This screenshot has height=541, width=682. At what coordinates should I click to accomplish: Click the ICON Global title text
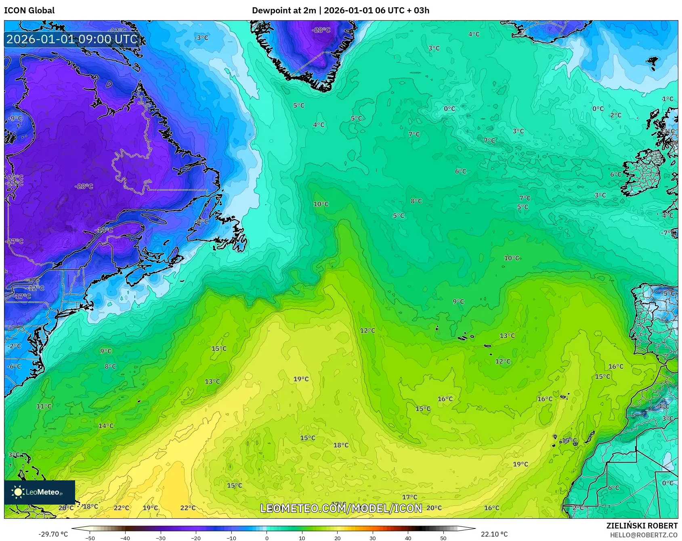pyautogui.click(x=29, y=11)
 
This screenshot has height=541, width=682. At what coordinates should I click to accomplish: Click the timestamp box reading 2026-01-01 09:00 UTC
pyautogui.click(x=72, y=39)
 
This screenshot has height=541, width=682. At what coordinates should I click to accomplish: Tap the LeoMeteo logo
pyautogui.click(x=40, y=492)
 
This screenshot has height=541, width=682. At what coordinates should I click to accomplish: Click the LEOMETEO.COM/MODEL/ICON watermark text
pyautogui.click(x=341, y=508)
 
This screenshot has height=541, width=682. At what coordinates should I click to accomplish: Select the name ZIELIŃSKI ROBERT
pyautogui.click(x=642, y=526)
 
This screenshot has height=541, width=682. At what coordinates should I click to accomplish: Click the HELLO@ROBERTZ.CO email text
pyautogui.click(x=643, y=535)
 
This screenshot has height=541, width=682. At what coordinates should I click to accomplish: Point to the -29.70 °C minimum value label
pyautogui.click(x=53, y=534)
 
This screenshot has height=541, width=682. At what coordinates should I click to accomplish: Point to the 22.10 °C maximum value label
pyautogui.click(x=494, y=534)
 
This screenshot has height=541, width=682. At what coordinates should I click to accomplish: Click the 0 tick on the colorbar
pyautogui.click(x=267, y=538)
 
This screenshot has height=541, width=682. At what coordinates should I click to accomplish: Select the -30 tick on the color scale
pyautogui.click(x=160, y=538)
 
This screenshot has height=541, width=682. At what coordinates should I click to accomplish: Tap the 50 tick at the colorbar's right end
pyautogui.click(x=443, y=538)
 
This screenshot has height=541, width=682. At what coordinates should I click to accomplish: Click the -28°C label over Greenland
pyautogui.click(x=321, y=30)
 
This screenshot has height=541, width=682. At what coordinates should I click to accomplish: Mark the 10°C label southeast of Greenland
pyautogui.click(x=321, y=204)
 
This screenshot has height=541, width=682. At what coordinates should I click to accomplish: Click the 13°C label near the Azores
pyautogui.click(x=507, y=336)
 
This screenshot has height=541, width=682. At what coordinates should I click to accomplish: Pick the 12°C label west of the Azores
pyautogui.click(x=367, y=330)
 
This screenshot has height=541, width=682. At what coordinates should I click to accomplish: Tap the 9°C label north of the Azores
pyautogui.click(x=458, y=302)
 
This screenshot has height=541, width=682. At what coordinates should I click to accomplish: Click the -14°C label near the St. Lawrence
pyautogui.click(x=104, y=230)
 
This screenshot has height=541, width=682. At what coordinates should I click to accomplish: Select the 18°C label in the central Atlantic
pyautogui.click(x=341, y=445)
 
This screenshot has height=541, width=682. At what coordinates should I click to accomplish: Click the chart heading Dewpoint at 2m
pyautogui.click(x=284, y=11)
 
